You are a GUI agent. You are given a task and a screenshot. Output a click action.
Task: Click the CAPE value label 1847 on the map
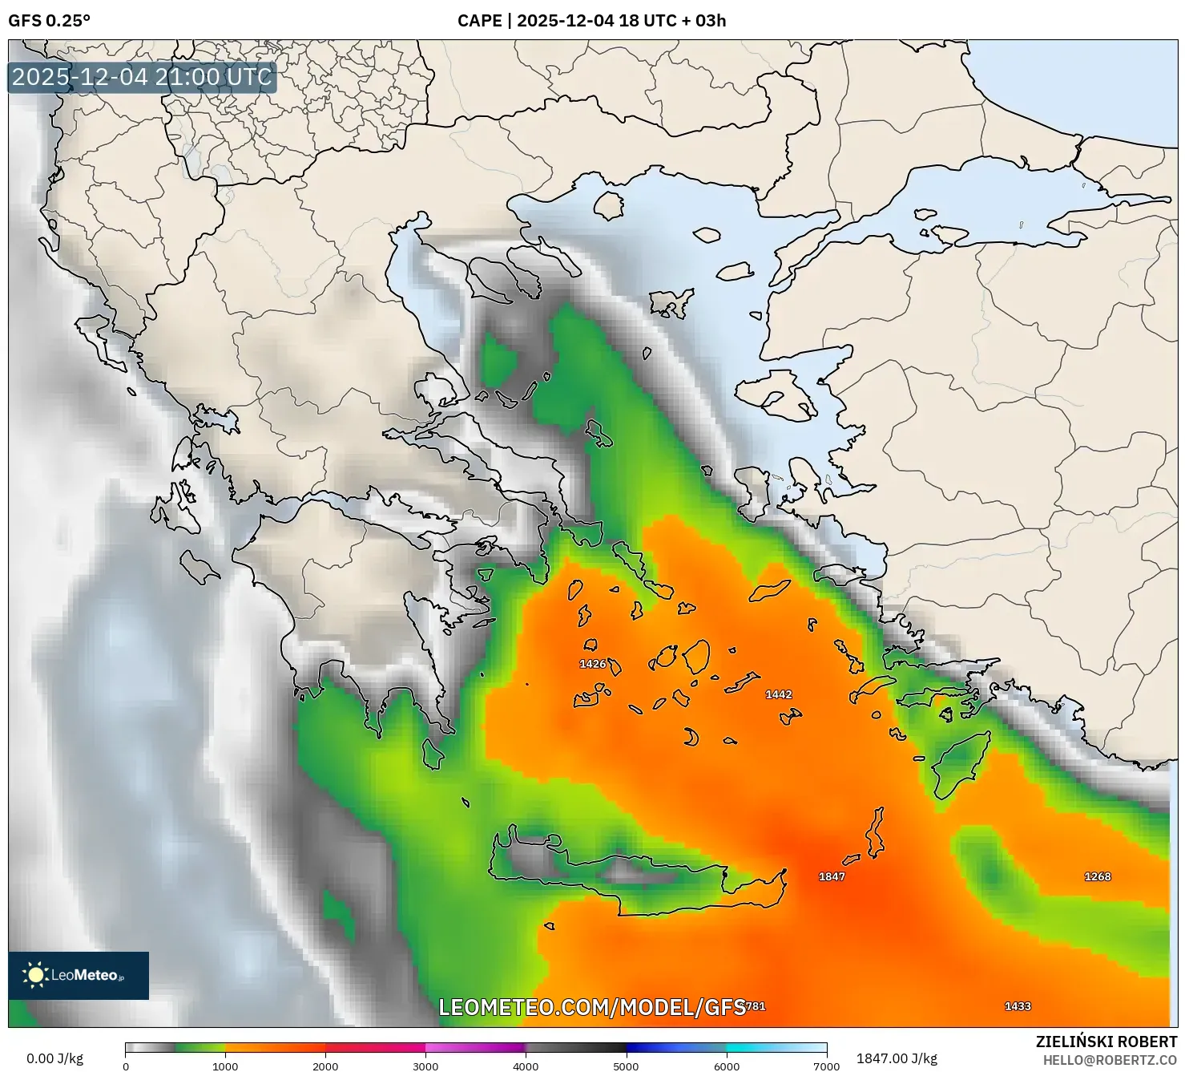[832, 876]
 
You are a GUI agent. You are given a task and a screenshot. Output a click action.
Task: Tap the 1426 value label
[593, 664]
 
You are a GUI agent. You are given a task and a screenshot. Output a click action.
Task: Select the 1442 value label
[779, 694]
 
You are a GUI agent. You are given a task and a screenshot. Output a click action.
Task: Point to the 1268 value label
[1098, 876]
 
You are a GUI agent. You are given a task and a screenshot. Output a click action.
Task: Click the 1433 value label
[1018, 1006]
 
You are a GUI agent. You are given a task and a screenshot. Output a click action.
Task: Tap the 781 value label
[756, 1006]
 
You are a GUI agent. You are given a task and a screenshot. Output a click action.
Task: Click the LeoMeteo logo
[79, 975]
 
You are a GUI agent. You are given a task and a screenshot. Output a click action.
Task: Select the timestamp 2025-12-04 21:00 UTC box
[142, 77]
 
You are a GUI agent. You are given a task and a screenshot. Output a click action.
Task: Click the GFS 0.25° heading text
[49, 21]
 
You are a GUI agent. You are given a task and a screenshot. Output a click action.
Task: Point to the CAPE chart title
[591, 21]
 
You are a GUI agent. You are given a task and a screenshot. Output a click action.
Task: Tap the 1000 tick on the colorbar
[225, 1066]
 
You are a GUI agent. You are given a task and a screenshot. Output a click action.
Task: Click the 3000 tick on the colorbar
[425, 1066]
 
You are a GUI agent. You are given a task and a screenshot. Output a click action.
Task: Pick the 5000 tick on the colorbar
[626, 1066]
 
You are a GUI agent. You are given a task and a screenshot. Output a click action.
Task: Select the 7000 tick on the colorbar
[826, 1066]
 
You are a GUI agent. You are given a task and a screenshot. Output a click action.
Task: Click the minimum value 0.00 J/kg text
[54, 1058]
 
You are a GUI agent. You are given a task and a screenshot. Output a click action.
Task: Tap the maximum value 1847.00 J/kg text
[897, 1058]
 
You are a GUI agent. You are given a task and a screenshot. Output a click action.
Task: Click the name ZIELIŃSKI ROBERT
[1106, 1042]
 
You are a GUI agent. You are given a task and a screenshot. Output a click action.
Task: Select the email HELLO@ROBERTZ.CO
[1110, 1060]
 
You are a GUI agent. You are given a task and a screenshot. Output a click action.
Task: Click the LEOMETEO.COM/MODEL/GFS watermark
[592, 1007]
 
